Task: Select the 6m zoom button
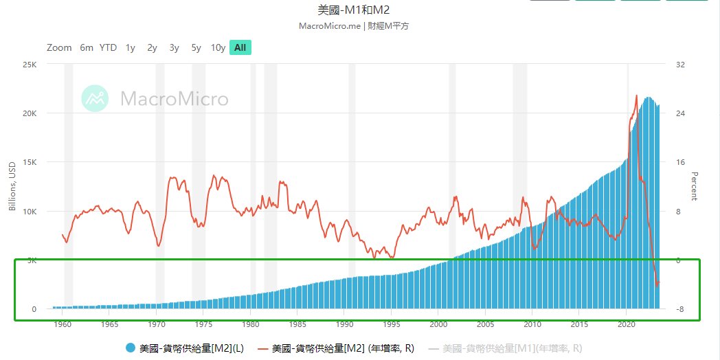point(86,47)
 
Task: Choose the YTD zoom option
point(108,47)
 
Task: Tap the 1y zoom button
point(130,47)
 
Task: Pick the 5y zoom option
point(196,47)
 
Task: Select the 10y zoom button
point(218,47)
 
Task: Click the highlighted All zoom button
point(240,47)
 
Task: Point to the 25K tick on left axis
point(30,65)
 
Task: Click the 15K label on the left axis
point(30,163)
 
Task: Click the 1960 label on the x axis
point(63,323)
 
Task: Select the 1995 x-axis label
point(391,323)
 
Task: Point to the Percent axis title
point(694,186)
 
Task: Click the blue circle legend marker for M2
point(131,348)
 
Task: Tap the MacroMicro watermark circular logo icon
point(95,99)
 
